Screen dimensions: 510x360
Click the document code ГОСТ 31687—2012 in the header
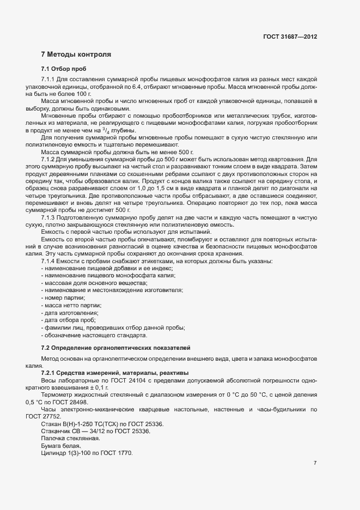[x=289, y=37]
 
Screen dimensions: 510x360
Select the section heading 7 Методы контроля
[x=76, y=54]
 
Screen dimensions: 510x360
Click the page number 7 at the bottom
[x=315, y=463]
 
